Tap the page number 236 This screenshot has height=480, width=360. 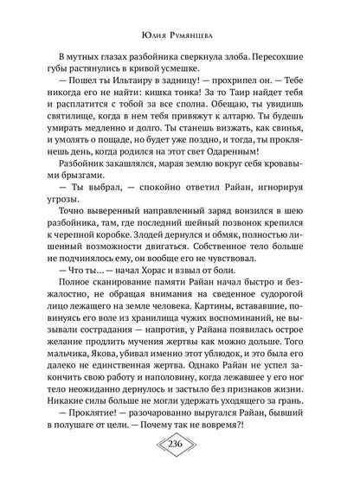[180, 456]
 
